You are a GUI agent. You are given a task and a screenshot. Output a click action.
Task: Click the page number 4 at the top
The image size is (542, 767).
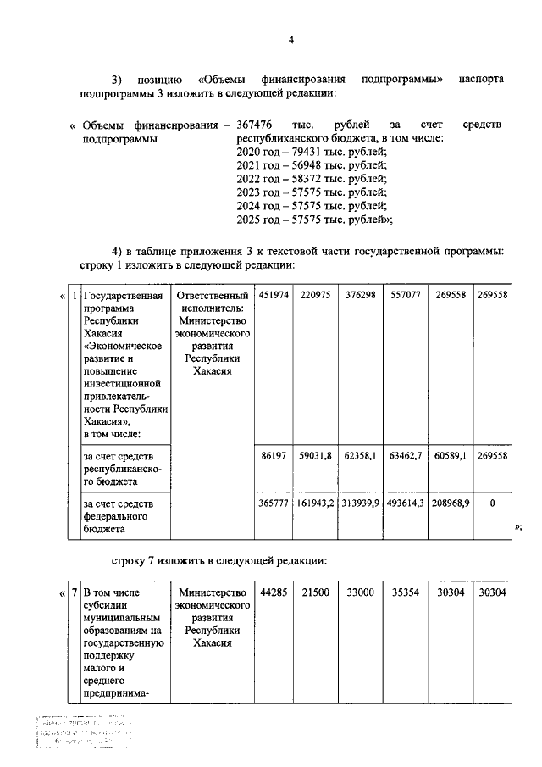coord(290,40)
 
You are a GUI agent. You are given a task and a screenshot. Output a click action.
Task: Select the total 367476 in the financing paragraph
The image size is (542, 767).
coord(255,125)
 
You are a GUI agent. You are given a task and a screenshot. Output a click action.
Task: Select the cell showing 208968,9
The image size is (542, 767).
coord(450,503)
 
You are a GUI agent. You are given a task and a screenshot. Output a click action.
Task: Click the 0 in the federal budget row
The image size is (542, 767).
coord(492,503)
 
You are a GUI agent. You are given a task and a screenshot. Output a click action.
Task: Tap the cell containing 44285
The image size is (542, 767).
coord(274,592)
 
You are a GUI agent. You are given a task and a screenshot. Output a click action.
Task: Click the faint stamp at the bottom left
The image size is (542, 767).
coord(85,734)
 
